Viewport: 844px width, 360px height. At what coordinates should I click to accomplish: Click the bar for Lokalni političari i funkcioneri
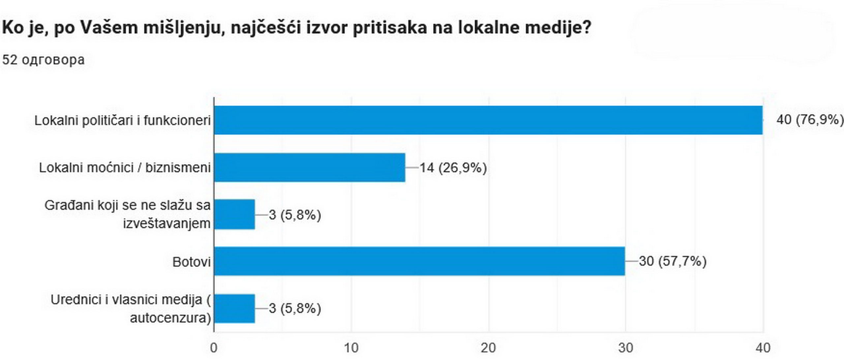tap(488, 120)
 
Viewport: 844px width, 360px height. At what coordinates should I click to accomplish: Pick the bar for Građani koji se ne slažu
tap(234, 214)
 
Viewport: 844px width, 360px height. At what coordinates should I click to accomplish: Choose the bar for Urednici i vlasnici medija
tap(234, 309)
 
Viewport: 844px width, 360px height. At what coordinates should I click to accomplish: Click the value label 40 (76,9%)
tap(810, 120)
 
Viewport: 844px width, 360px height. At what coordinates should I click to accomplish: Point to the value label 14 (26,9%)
tap(453, 168)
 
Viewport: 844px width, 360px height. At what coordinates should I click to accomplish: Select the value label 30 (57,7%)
tap(673, 261)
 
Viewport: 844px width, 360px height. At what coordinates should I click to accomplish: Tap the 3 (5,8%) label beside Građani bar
tap(295, 215)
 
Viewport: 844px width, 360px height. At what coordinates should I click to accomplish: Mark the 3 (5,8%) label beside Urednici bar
tap(295, 309)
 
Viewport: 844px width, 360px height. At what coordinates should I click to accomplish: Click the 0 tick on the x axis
tap(214, 348)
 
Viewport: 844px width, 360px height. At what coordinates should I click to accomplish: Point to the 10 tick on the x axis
tap(351, 348)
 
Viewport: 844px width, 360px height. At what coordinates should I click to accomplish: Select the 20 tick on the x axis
tap(488, 348)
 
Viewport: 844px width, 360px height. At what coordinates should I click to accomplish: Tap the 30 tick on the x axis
tap(625, 348)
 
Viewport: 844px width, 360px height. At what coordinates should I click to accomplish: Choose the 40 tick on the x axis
tap(763, 348)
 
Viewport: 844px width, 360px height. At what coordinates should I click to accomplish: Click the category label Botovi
tap(191, 262)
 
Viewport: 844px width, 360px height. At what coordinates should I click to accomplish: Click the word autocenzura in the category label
tap(170, 318)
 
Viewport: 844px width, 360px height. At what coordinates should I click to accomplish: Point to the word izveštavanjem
tap(166, 224)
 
